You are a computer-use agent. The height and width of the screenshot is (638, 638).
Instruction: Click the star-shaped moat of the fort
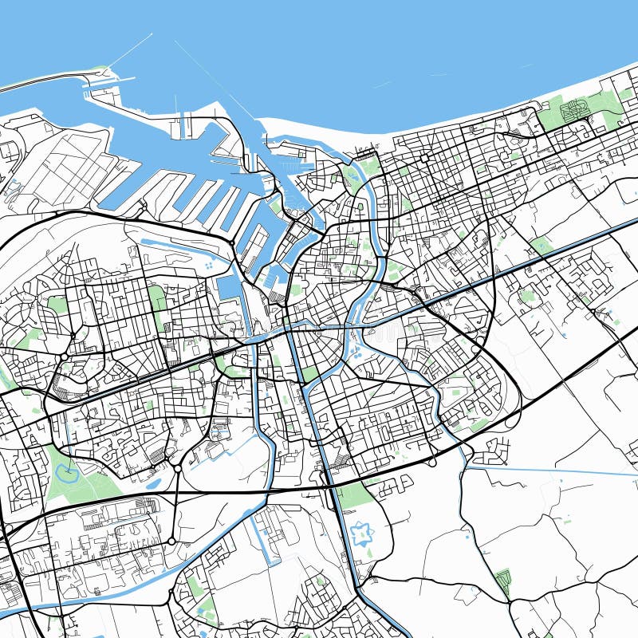click(363, 533)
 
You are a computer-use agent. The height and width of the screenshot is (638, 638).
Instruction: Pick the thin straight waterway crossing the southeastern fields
click(550, 471)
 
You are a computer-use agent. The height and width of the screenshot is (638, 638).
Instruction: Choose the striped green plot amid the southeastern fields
click(502, 580)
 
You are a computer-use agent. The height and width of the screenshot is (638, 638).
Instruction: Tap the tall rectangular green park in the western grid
click(157, 298)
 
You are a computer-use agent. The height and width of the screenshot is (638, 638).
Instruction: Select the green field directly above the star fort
click(355, 496)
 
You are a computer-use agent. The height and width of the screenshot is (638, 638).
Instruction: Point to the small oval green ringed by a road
click(527, 297)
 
